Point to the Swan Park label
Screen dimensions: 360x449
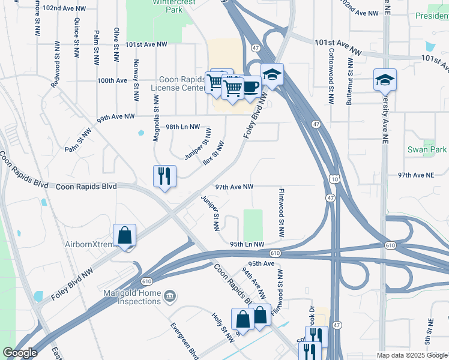(x=435, y=149)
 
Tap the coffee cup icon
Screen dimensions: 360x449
(x=250, y=85)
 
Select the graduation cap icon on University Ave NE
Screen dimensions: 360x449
(x=385, y=79)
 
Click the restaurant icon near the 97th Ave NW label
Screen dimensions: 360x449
(x=164, y=176)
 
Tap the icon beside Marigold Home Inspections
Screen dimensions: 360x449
(x=170, y=295)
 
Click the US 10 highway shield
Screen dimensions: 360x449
(x=334, y=178)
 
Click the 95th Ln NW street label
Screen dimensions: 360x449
(x=247, y=244)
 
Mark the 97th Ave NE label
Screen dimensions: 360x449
(x=415, y=175)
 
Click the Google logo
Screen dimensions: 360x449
(x=20, y=353)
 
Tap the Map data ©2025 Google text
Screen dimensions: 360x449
(x=411, y=355)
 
